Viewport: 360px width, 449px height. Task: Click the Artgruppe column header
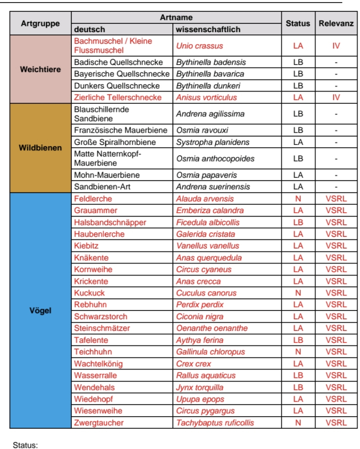(40, 24)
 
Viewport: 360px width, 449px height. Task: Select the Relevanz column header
(336, 24)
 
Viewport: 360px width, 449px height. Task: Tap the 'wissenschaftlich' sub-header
(208, 30)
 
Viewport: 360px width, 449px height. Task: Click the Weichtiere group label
(40, 69)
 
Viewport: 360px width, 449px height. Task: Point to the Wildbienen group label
(40, 148)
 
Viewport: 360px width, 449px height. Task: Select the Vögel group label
(40, 310)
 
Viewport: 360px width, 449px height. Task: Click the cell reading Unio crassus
(199, 46)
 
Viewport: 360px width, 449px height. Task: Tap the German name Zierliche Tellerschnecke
(117, 97)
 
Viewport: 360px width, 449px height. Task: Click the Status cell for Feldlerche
(298, 199)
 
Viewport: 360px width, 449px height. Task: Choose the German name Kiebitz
(86, 246)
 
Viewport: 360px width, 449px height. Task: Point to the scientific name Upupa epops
(200, 399)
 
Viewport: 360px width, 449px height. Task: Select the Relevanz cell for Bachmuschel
(336, 46)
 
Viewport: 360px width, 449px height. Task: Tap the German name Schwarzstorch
(101, 317)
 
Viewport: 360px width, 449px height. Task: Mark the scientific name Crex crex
(194, 364)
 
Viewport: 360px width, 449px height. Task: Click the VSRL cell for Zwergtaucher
(336, 423)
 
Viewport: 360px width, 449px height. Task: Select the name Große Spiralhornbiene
(115, 142)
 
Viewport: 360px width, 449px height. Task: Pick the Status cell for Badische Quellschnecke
(298, 62)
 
